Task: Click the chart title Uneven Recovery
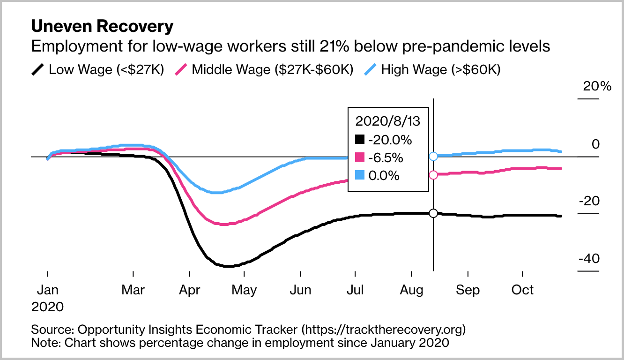pyautogui.click(x=102, y=26)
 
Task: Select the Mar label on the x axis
pyautogui.click(x=133, y=290)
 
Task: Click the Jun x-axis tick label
pyautogui.click(x=300, y=290)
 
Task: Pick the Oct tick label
pyautogui.click(x=522, y=290)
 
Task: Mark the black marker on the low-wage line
pyautogui.click(x=433, y=213)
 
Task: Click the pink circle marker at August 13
pyautogui.click(x=433, y=175)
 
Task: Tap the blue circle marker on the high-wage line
pyautogui.click(x=433, y=156)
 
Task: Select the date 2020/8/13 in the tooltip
pyautogui.click(x=388, y=121)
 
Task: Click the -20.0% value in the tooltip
pyautogui.click(x=390, y=140)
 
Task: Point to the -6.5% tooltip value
pyautogui.click(x=386, y=157)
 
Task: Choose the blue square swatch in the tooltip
pyautogui.click(x=359, y=175)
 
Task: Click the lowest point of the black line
pyautogui.click(x=226, y=266)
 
